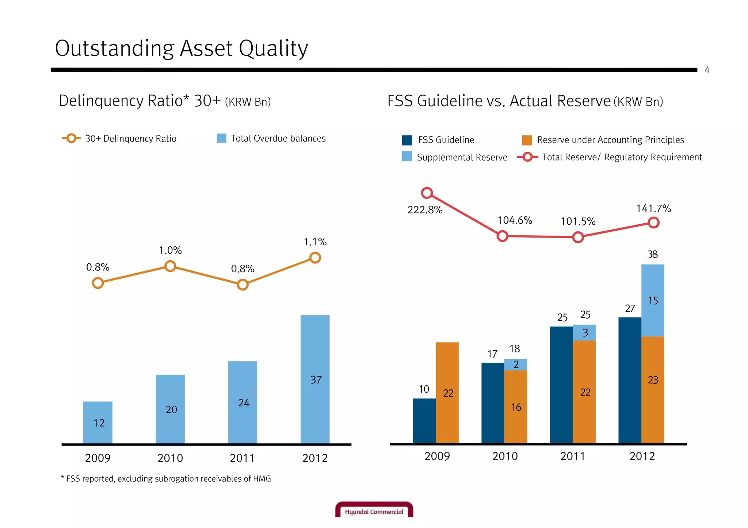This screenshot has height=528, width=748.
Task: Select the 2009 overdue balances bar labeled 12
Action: click(98, 422)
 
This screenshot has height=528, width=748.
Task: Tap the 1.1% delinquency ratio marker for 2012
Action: click(315, 258)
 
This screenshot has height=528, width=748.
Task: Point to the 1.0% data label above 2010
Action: click(170, 250)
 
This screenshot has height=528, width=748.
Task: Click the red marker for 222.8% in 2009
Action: click(427, 193)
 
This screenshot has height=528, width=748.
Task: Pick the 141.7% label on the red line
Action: click(653, 209)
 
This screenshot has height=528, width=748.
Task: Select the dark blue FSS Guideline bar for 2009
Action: click(424, 420)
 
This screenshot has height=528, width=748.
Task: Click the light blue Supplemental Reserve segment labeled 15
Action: click(653, 300)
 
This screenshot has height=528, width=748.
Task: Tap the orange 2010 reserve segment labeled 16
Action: click(516, 406)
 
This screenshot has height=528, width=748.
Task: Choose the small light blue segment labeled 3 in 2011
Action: click(584, 332)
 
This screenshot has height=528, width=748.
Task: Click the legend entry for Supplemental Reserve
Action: click(462, 157)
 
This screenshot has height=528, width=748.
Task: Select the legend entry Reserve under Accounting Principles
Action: click(610, 140)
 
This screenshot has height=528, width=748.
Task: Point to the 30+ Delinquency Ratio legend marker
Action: click(72, 138)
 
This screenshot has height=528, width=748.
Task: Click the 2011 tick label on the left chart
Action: click(242, 458)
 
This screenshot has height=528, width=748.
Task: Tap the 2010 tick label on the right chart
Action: click(505, 456)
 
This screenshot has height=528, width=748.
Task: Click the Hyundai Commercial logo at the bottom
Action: click(374, 510)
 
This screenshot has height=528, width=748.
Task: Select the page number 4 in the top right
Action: click(707, 70)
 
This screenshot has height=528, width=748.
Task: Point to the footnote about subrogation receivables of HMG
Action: click(166, 479)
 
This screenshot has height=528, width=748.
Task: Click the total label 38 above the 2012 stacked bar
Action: click(652, 254)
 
